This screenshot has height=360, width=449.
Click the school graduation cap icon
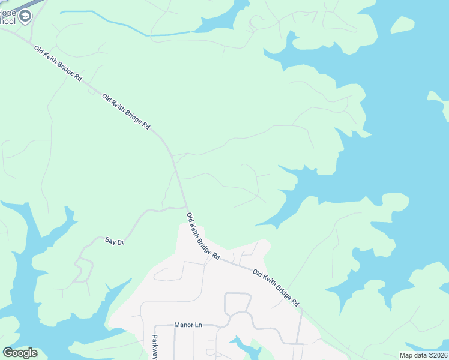pos(25,16)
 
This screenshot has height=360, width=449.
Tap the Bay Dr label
pos(114,241)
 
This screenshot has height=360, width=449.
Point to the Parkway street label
pos(155,347)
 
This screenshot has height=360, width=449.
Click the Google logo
pos(20,353)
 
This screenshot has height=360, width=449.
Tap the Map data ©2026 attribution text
pos(423,355)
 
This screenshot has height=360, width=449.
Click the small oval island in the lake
pos(402,25)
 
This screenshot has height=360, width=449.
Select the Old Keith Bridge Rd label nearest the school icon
pos(58,64)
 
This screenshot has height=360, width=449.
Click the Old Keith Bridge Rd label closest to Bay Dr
pos(203,236)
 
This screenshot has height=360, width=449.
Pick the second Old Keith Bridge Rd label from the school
pos(125,112)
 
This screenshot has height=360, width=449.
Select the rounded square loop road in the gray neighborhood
pos(237,304)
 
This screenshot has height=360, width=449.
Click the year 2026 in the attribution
pos(438,355)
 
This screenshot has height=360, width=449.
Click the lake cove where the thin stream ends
pos(216,23)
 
